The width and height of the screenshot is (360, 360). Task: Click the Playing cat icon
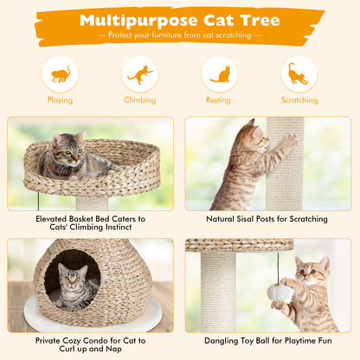(x=60, y=74)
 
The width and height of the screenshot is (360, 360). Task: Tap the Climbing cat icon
(x=139, y=74)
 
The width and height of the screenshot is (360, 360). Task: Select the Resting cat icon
(x=220, y=74)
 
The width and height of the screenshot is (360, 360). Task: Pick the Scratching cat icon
(x=299, y=74)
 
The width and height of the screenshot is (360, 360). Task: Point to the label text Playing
(x=60, y=100)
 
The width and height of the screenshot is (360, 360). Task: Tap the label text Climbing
(x=139, y=100)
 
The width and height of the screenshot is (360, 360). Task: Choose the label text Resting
(x=220, y=100)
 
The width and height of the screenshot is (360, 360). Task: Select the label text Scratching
(x=299, y=100)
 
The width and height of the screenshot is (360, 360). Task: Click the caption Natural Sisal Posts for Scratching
(x=267, y=220)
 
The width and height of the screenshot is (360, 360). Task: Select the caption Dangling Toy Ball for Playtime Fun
(x=267, y=341)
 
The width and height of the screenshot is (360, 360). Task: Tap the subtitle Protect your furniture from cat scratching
(x=179, y=35)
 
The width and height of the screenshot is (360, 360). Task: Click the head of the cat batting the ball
(x=312, y=271)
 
